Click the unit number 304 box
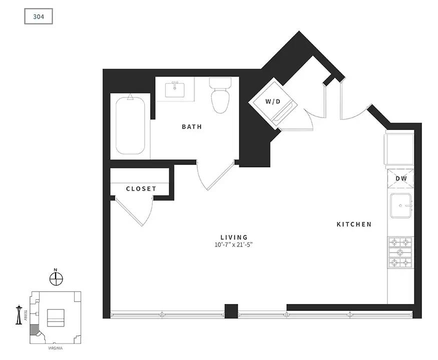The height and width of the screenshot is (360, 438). pos(39,16)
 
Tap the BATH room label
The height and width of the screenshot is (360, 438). pos(192,126)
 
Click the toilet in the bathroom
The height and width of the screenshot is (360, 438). pos(220,95)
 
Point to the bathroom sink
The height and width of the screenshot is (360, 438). pos(175,89)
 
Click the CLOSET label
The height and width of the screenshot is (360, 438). pos(141,189)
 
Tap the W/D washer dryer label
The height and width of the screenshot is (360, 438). pos(273,101)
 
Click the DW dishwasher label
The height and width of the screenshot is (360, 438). pos(401,178)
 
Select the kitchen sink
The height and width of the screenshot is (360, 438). pos(401,205)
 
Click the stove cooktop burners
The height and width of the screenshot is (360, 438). pos(400,252)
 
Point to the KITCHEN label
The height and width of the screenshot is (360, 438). pos(354,224)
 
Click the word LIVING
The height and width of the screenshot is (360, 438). pos(234,237)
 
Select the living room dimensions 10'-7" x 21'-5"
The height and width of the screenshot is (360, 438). pos(234,245)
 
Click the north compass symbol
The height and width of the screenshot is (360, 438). pos(56,278)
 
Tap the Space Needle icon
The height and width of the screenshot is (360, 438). pos(19,315)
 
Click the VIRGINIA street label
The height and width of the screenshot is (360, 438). pos(55,348)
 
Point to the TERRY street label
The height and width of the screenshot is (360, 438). pos(26,315)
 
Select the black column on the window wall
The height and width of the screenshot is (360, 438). pos(231,311)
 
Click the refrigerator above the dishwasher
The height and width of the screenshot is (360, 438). pos(399,149)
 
